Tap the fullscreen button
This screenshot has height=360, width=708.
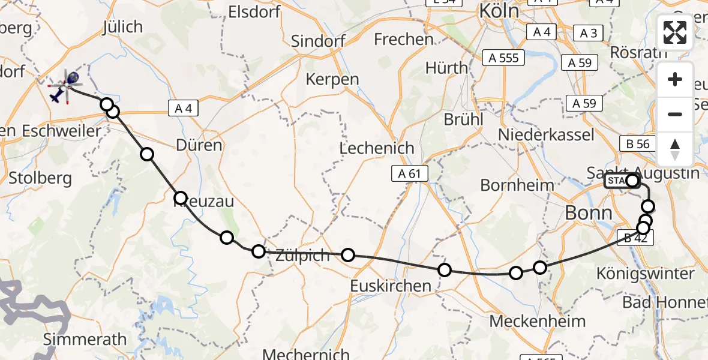click(x=675, y=32)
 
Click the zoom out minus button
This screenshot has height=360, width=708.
click(x=675, y=114)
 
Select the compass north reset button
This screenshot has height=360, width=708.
click(x=675, y=149)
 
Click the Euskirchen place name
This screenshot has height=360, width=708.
click(x=391, y=286)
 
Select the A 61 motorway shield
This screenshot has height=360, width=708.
click(x=410, y=174)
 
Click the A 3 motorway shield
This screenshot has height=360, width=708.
click(x=589, y=32)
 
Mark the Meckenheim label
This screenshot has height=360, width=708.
click(x=537, y=321)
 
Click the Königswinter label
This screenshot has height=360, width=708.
click(x=646, y=274)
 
